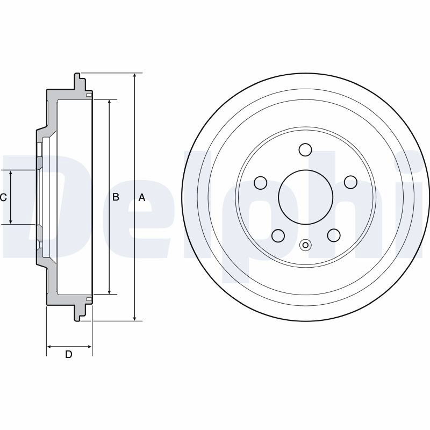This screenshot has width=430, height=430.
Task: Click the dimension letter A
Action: [x=141, y=197]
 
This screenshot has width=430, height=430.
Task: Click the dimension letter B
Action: [x=116, y=197]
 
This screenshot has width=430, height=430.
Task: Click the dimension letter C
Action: [x=3, y=197]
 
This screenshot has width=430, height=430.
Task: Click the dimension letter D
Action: [x=69, y=354]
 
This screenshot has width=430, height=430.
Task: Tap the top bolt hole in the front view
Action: [x=305, y=150]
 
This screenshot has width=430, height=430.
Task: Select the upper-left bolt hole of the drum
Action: [x=261, y=182]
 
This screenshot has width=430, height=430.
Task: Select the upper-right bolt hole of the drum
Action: [x=350, y=182]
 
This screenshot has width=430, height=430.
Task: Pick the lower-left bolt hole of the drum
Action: [x=278, y=235]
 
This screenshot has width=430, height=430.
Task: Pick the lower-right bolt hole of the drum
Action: [x=334, y=235]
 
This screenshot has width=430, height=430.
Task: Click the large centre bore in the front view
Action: [x=305, y=197]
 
